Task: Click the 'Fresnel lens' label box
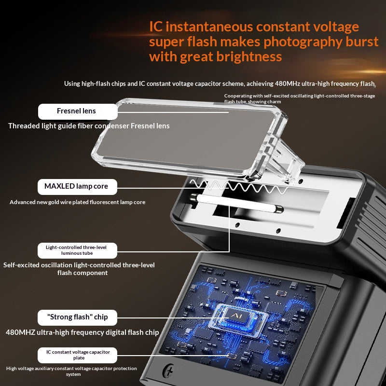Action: click(78, 111)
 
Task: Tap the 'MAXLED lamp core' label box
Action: click(77, 187)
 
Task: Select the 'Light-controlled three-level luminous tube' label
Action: click(77, 250)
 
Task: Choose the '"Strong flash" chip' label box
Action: click(77, 317)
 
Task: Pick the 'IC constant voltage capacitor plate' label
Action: click(77, 355)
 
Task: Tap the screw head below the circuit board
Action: click(168, 370)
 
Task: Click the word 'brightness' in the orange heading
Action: click(249, 57)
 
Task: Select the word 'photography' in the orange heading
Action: click(303, 42)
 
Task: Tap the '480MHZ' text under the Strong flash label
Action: click(20, 332)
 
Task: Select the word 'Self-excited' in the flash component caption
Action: click(21, 265)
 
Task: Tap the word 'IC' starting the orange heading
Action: click(156, 27)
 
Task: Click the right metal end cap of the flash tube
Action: click(279, 209)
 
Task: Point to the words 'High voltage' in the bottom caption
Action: click(20, 369)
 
